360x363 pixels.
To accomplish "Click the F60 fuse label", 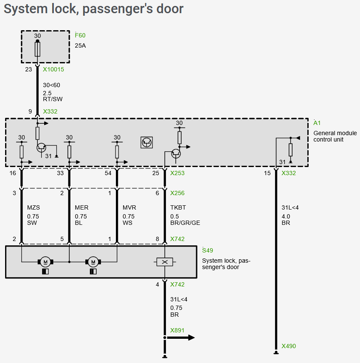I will pos(80,35).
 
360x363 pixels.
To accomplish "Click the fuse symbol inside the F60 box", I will pos(37,50).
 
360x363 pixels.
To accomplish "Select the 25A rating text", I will pos(80,45).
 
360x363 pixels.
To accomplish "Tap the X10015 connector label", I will pos(53,69).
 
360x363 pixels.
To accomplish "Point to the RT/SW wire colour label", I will pos(53,99).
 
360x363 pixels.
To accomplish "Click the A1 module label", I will pos(317,123).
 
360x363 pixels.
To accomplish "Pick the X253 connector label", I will pos(177,173).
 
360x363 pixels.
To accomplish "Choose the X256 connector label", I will pos(177,193).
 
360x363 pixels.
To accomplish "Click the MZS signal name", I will pos(34,208).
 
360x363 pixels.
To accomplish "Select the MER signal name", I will pos(82,208).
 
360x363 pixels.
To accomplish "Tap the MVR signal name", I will pos(129,208).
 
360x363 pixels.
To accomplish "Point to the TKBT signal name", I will pos(178,208).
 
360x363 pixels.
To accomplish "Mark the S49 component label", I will pos(208,250).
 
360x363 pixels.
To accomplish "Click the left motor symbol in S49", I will pos(45,262).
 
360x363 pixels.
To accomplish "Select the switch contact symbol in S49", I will pos(165,262).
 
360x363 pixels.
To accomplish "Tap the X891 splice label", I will pos(177,330).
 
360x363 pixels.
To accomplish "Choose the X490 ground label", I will pos(289,346).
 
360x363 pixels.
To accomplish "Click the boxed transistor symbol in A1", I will pos(146,142).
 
